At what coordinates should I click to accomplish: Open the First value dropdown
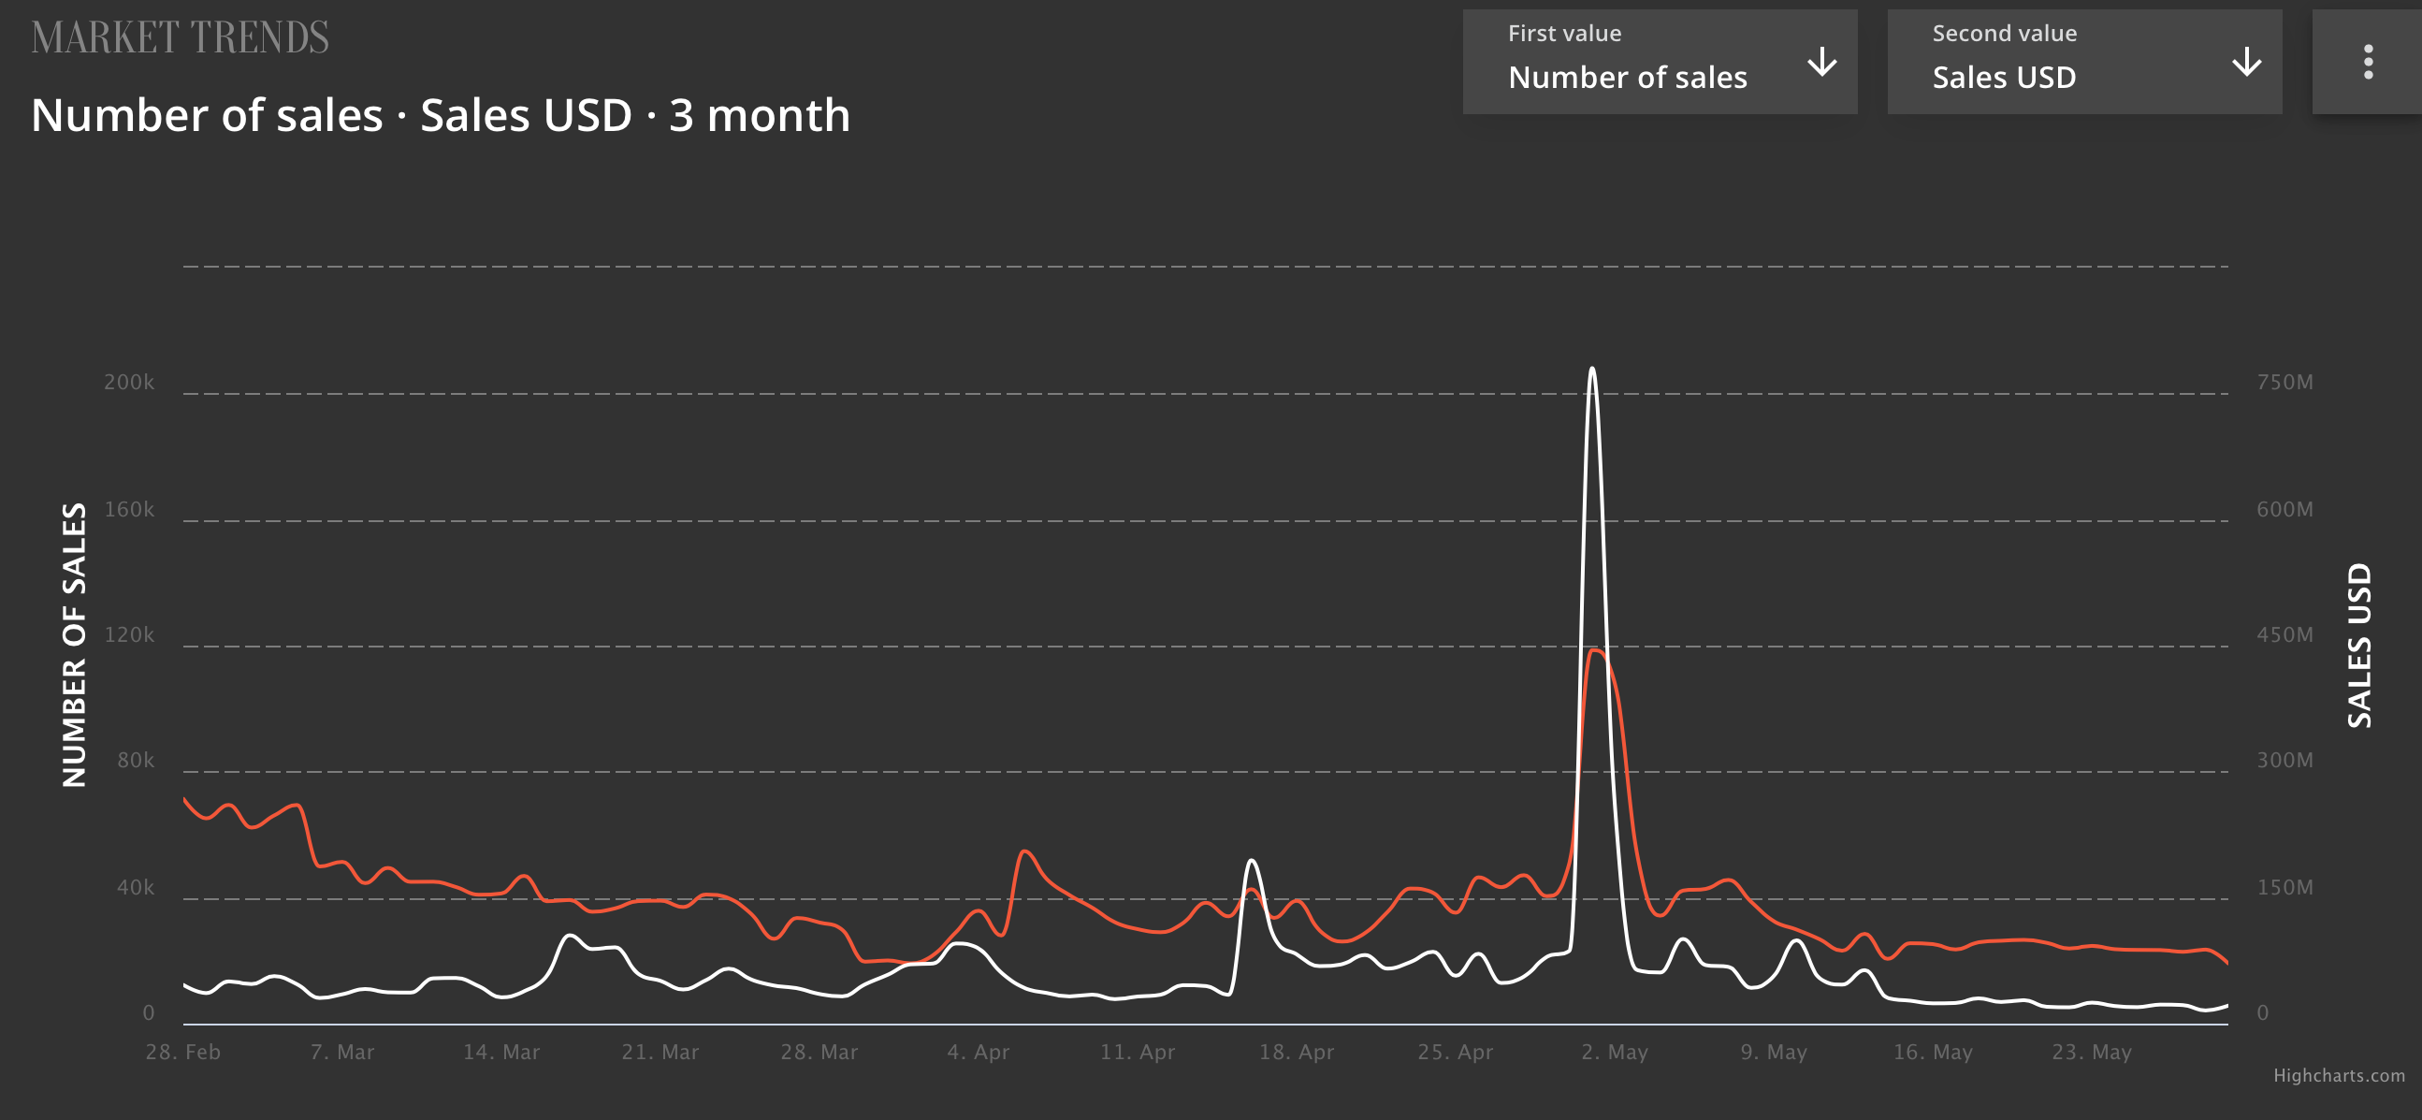tap(1660, 61)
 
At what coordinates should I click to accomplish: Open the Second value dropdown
tap(2083, 61)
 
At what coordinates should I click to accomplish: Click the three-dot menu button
tap(2368, 62)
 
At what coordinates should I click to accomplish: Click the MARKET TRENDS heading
tap(180, 37)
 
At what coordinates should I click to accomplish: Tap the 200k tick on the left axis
tap(129, 382)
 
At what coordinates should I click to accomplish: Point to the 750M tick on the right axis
tap(2284, 382)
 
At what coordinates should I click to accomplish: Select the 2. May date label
tap(1614, 1052)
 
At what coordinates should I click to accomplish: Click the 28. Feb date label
tap(182, 1052)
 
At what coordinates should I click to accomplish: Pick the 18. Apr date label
tap(1296, 1052)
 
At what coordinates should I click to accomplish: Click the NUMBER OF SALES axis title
tap(74, 644)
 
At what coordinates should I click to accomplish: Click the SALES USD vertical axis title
tap(2359, 645)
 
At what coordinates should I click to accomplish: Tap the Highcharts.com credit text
tap(2339, 1075)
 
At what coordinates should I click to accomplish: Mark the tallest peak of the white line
tap(1592, 369)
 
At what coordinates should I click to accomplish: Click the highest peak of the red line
tap(1597, 649)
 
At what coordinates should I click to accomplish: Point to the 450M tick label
tap(2284, 634)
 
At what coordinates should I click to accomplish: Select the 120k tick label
tap(129, 634)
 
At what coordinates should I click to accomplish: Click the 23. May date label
tap(2091, 1052)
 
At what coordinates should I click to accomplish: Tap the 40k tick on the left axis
tap(136, 887)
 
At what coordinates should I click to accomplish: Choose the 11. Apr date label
tap(1137, 1052)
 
